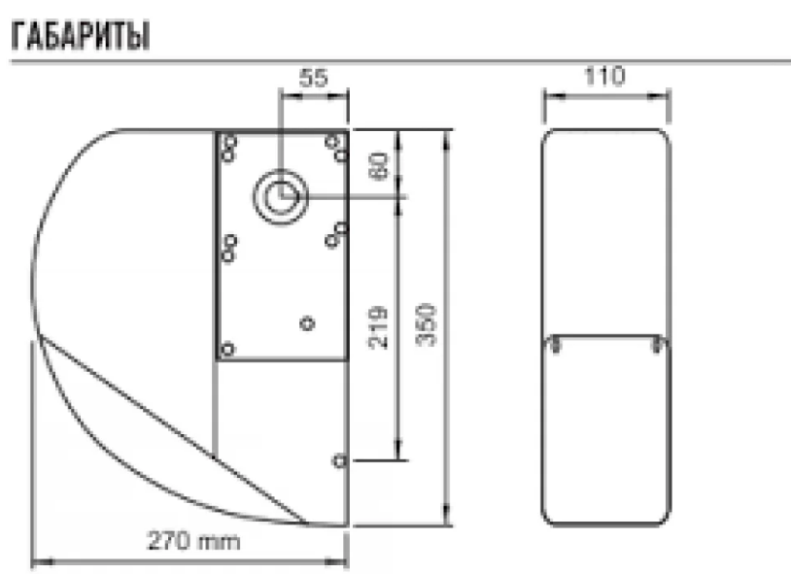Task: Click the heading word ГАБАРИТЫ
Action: coord(81,36)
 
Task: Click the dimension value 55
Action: coord(313,78)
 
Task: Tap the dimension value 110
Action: coord(604,76)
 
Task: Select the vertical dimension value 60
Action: coord(379,166)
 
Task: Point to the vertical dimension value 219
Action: coord(378,327)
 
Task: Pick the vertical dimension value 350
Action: coord(426,324)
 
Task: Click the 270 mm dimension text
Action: coord(193,541)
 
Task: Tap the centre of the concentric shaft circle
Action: coord(281,196)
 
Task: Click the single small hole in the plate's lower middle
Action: coord(307,322)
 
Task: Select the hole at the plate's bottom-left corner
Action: coord(228,349)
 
